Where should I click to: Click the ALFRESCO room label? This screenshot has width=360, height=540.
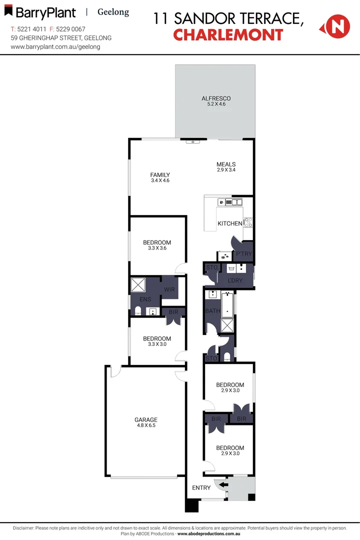pyautogui.click(x=215, y=98)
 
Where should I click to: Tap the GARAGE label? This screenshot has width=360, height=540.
pyautogui.click(x=146, y=420)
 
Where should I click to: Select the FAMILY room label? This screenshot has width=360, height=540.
pyautogui.click(x=160, y=175)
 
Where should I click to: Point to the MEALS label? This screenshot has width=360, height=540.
pyautogui.click(x=226, y=164)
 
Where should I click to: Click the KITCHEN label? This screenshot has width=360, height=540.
pyautogui.click(x=229, y=223)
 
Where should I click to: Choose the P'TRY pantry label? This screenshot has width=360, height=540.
pyautogui.click(x=244, y=254)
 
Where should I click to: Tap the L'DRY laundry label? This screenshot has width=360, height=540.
pyautogui.click(x=235, y=280)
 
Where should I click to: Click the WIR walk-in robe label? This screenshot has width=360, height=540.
pyautogui.click(x=169, y=289)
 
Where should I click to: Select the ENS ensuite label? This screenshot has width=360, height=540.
pyautogui.click(x=145, y=299)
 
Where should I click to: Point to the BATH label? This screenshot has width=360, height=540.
pyautogui.click(x=212, y=311)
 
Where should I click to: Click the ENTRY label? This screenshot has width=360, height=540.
pyautogui.click(x=201, y=487)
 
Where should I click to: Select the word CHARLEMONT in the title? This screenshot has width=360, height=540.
pyautogui.click(x=228, y=35)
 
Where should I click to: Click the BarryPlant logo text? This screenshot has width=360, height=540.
pyautogui.click(x=45, y=12)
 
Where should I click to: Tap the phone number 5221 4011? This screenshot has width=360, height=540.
pyautogui.click(x=31, y=29)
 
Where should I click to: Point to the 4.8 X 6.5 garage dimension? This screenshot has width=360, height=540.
pyautogui.click(x=146, y=426)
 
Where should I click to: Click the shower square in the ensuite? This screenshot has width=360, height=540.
pyautogui.click(x=138, y=285)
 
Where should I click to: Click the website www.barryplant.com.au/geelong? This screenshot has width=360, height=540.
pyautogui.click(x=55, y=46)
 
